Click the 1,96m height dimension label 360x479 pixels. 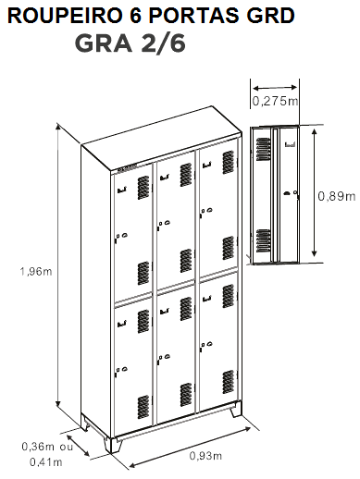[36, 272]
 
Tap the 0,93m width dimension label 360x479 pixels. [205, 455]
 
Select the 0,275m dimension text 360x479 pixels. [275, 101]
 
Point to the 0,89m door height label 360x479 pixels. [337, 196]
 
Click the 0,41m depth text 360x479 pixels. [46, 461]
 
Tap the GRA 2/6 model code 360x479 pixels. [130, 44]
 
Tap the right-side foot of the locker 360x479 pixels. [236, 410]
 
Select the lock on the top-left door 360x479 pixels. [121, 237]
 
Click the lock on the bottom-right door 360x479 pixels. [206, 345]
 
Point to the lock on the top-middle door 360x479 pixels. [164, 224]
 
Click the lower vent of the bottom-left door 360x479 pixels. [143, 407]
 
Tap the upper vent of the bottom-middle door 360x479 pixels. [186, 309]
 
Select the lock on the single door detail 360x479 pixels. [291, 194]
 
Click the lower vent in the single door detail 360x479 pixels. [264, 240]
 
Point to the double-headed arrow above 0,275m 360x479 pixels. [275, 88]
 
